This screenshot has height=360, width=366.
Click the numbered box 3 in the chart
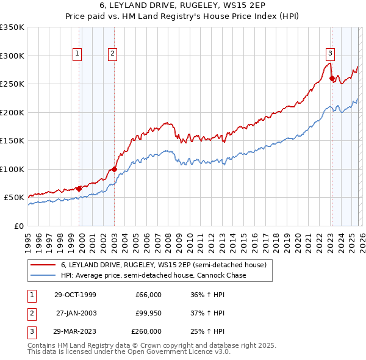[330, 52]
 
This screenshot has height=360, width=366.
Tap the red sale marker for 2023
[332, 78]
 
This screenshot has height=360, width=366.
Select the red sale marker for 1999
[79, 189]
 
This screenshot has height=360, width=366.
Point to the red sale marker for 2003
[114, 169]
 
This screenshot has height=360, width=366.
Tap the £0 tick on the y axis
[19, 226]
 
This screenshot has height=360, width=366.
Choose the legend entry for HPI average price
[153, 276]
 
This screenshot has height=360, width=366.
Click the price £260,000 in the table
[146, 331]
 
